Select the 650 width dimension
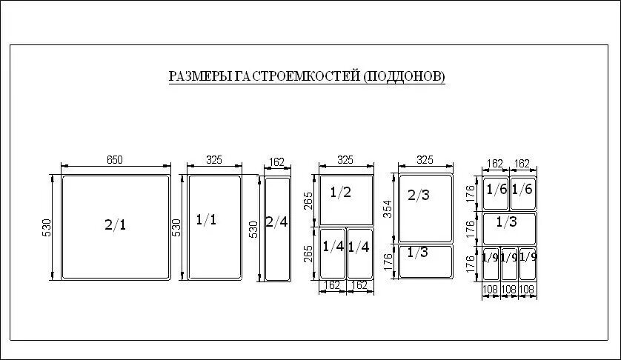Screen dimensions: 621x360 click(115, 159)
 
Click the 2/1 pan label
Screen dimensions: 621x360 click(116, 225)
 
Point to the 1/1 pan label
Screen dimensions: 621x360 click(206, 219)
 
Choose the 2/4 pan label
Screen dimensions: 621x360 click(276, 222)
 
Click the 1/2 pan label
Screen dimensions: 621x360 click(341, 193)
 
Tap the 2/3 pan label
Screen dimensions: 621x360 click(419, 195)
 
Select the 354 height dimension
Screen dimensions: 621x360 click(388, 209)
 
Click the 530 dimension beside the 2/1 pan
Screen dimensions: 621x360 click(47, 227)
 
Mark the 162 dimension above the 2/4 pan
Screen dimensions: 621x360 click(277, 162)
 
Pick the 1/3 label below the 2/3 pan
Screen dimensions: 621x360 click(417, 253)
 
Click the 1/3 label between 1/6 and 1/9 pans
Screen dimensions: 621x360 click(507, 221)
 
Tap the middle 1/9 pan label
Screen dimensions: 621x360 click(509, 258)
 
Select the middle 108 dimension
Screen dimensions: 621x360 click(509, 290)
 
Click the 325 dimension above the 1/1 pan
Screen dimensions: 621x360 click(214, 159)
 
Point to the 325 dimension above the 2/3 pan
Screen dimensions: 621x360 click(425, 159)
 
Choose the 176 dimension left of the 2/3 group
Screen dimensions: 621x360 click(388, 261)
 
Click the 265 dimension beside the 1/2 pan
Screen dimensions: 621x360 click(309, 201)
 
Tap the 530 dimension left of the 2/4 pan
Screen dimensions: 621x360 click(253, 230)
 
